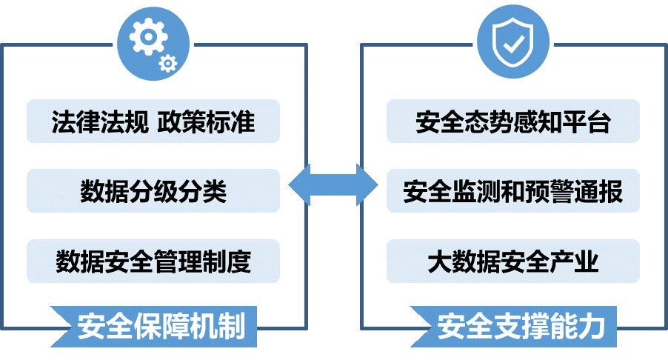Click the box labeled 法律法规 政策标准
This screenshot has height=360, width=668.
153,121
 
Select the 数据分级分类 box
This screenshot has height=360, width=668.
153,191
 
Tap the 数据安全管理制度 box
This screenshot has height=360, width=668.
153,261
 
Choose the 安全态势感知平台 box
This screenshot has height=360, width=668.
513,121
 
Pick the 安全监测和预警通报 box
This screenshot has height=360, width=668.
513,191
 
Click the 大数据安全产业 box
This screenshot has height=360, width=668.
513,261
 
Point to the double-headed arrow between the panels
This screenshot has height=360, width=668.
333,184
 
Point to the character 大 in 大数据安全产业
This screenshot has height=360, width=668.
439,261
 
